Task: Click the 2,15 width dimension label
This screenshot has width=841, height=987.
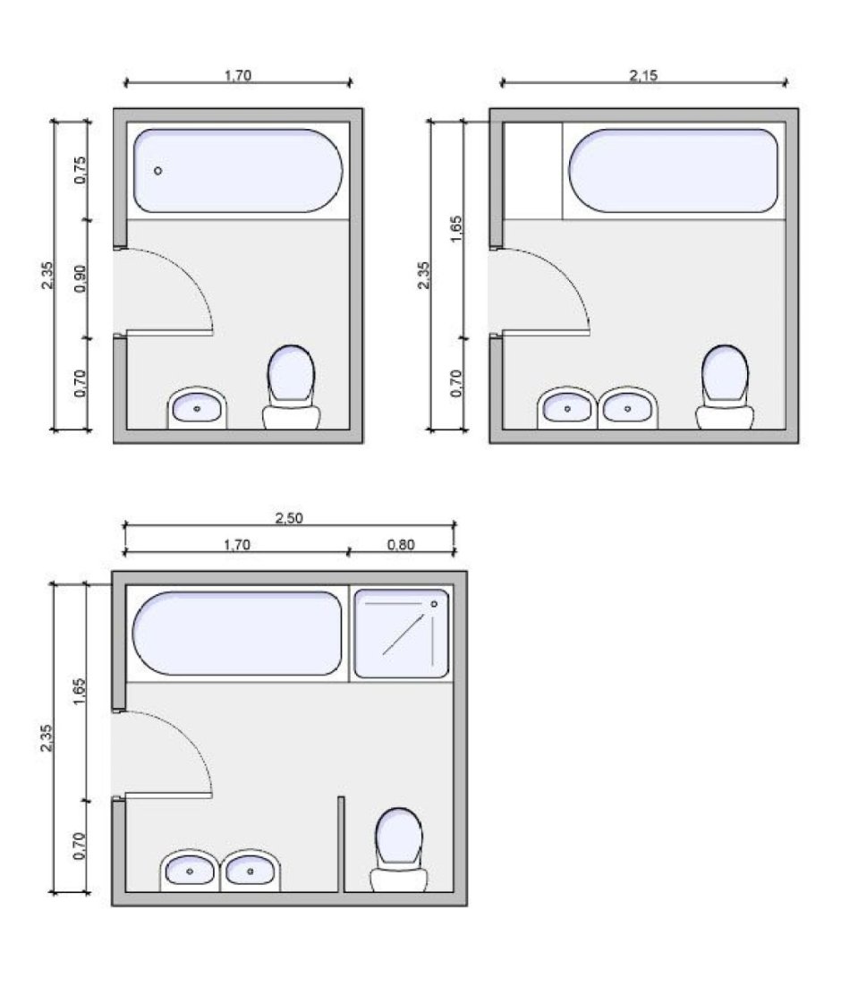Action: pos(642,75)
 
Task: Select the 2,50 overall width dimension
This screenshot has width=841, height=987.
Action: pos(290,519)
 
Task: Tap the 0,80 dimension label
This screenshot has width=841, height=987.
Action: pos(401,545)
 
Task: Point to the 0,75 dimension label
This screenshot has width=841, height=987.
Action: pos(80,170)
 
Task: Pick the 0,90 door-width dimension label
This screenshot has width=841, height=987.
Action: pos(80,278)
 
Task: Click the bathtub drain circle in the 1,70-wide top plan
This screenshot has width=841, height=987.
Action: pos(158,171)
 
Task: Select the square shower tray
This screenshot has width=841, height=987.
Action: pos(402,634)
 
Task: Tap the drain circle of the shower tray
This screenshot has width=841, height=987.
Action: pos(434,604)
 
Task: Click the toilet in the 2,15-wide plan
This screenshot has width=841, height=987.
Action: pos(726,387)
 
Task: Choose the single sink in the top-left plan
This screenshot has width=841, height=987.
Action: pos(197,408)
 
